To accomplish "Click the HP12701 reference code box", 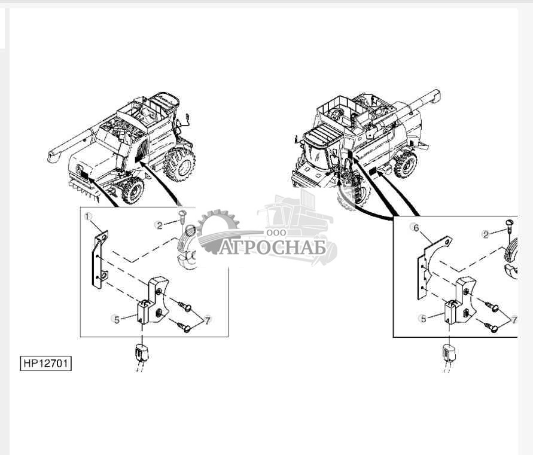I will [x=45, y=364].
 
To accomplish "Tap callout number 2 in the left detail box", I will [x=159, y=225].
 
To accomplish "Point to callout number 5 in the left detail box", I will [x=117, y=319].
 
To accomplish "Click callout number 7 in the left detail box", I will [x=208, y=320].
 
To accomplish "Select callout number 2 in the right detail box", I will [x=486, y=234].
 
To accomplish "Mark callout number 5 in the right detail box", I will [x=424, y=319].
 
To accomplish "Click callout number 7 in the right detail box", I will [x=513, y=320].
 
